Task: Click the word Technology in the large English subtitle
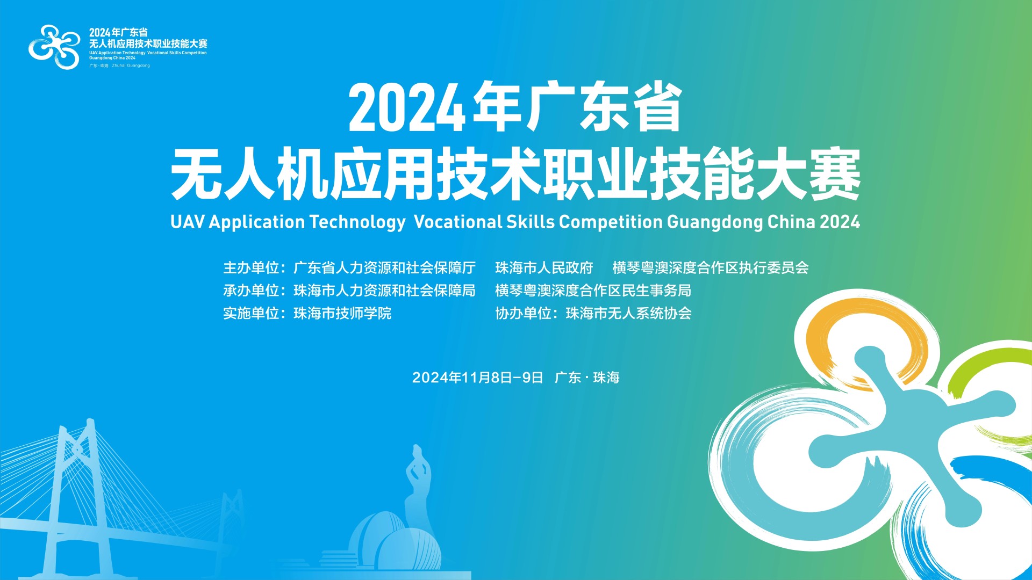(x=357, y=222)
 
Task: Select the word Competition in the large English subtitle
(x=611, y=222)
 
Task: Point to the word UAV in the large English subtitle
(x=188, y=222)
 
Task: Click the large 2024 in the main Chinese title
(x=407, y=108)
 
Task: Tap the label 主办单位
(x=251, y=267)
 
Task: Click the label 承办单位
(x=251, y=291)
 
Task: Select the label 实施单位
(x=251, y=313)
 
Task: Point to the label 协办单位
(x=523, y=313)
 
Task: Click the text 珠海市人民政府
(x=544, y=267)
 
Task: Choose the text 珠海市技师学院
(x=342, y=313)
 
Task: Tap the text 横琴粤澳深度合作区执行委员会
(x=711, y=267)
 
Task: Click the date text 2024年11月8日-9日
(x=478, y=378)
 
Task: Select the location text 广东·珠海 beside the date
(x=587, y=378)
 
